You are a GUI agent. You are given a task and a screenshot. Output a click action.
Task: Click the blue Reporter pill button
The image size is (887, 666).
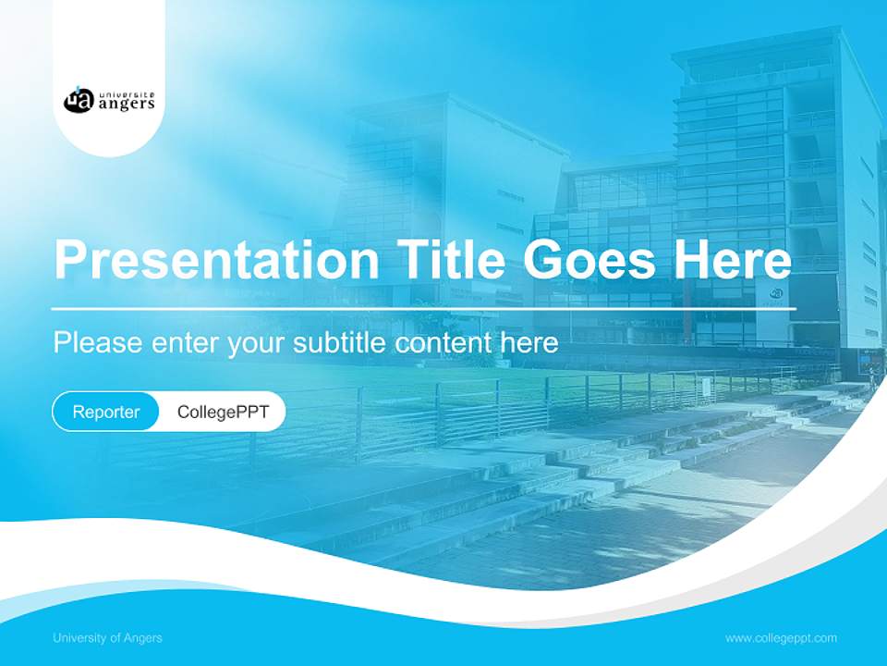pyautogui.click(x=106, y=412)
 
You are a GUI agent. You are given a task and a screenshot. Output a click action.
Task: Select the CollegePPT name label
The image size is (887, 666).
pyautogui.click(x=223, y=412)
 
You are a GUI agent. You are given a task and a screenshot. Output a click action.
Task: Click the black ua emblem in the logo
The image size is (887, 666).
pyautogui.click(x=78, y=100)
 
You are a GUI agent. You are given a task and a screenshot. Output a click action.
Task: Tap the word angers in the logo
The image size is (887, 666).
pyautogui.click(x=125, y=104)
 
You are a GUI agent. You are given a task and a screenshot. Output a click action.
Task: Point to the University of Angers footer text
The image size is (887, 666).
pyautogui.click(x=107, y=638)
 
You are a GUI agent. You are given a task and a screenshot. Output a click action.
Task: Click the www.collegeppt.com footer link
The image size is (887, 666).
pyautogui.click(x=781, y=638)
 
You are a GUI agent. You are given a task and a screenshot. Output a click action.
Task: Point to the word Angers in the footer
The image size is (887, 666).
pyautogui.click(x=144, y=638)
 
